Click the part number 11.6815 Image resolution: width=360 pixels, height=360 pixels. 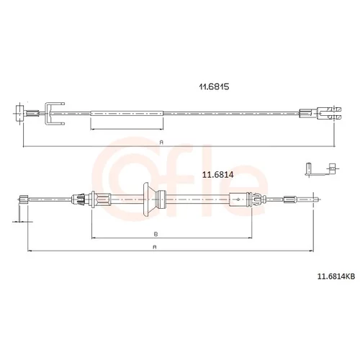(x=214, y=86)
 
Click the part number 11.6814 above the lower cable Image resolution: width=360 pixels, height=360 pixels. (x=217, y=175)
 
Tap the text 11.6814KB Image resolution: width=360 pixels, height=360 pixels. (x=336, y=276)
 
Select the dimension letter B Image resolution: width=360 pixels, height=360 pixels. (x=156, y=234)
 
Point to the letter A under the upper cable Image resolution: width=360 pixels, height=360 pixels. (x=161, y=143)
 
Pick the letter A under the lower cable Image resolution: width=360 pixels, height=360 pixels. (x=155, y=247)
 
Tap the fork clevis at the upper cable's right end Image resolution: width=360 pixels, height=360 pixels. (x=329, y=113)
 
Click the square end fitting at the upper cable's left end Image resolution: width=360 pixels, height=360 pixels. (x=19, y=114)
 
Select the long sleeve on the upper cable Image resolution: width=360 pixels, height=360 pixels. (x=127, y=113)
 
